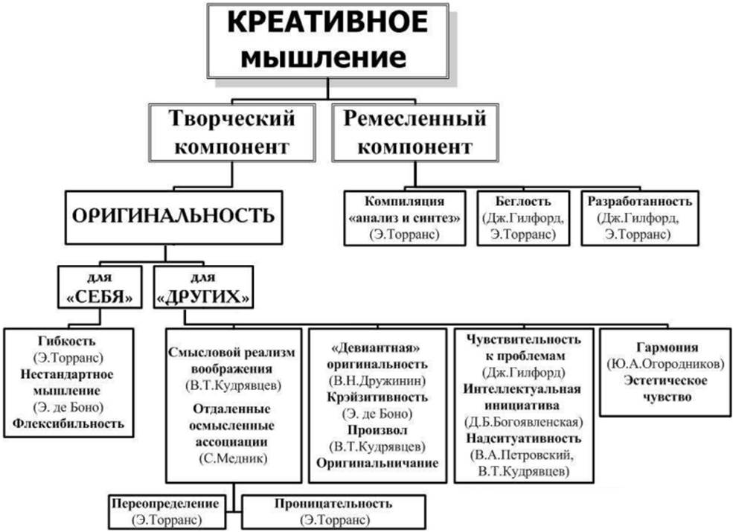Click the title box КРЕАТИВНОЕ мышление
[x=327, y=42]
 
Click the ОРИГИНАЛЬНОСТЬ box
[x=173, y=217]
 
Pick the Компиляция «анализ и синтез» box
[x=405, y=217]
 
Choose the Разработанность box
[x=639, y=217]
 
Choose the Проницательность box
[x=332, y=511]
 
